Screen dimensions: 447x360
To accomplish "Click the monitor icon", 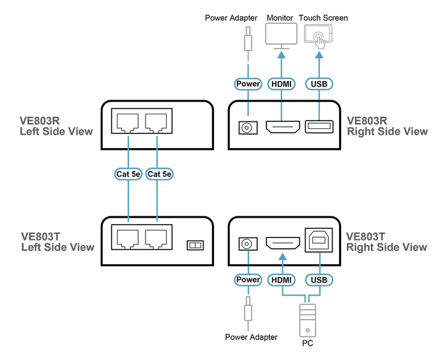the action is tap(281, 36).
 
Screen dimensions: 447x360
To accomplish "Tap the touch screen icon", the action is tap(318, 36).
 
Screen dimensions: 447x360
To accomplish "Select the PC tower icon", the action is tap(308, 320).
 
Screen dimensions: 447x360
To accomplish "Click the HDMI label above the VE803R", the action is tap(282, 84).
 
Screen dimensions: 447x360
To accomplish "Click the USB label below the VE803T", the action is tap(319, 280).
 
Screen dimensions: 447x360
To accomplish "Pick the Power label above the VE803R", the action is tap(248, 84).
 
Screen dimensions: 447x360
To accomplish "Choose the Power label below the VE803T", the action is tap(248, 280).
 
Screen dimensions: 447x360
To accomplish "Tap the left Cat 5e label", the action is tap(128, 174).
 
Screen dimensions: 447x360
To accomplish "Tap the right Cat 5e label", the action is tap(160, 174).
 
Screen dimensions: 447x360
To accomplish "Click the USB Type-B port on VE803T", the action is tap(319, 240).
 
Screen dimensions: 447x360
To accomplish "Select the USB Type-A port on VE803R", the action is tap(319, 127).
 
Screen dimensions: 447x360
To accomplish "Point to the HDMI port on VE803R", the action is tap(283, 127).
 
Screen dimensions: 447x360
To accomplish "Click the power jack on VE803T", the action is tap(248, 244).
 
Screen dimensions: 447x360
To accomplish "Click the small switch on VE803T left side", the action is tap(195, 245).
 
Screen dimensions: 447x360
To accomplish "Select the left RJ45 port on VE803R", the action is tap(128, 123).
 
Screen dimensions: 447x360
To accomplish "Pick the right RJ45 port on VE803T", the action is tap(156, 239).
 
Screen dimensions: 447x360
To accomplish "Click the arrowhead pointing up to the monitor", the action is tap(282, 54).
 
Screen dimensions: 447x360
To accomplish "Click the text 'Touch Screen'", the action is tap(323, 18).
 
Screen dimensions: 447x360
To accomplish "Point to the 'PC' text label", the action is tap(308, 343).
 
